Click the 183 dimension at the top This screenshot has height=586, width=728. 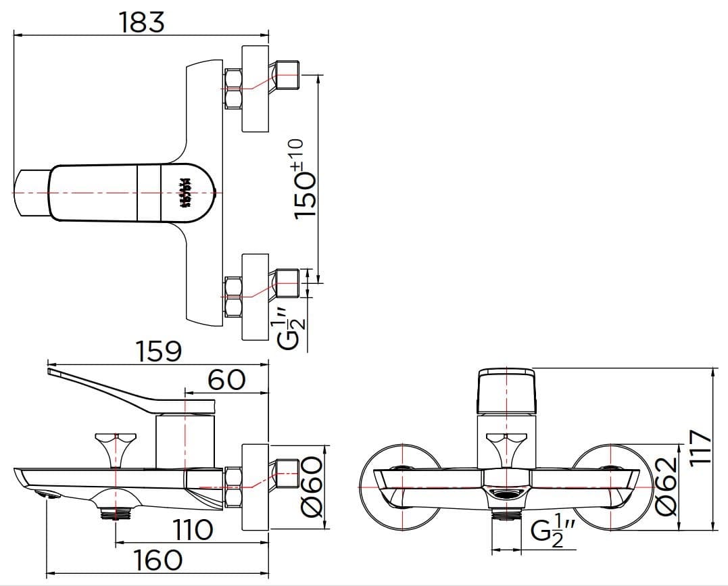pos(142,22)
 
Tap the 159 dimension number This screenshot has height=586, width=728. pos(159,351)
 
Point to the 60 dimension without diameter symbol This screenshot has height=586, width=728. pos(226,379)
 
